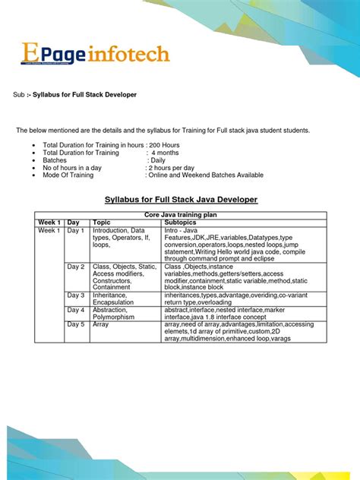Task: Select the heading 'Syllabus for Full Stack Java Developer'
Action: click(x=180, y=199)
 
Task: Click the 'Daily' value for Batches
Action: click(x=156, y=160)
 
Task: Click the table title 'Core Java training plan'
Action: click(x=180, y=216)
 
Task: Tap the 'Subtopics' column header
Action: click(x=181, y=223)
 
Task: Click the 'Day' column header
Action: click(x=74, y=223)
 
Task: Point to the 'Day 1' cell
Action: click(x=76, y=230)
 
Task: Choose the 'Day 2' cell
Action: click(x=76, y=267)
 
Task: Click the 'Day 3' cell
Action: click(x=76, y=295)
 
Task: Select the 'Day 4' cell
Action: click(x=76, y=310)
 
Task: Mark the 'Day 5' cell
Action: click(x=76, y=324)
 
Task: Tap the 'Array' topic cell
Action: click(x=101, y=324)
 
